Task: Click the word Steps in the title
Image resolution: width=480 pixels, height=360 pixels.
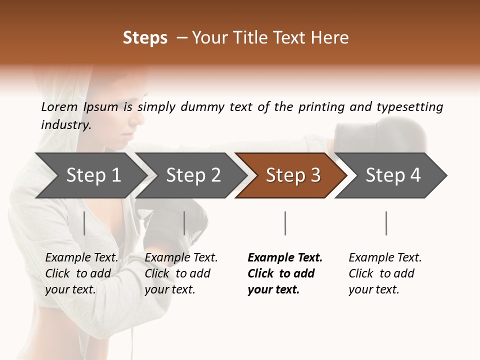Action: [145, 38]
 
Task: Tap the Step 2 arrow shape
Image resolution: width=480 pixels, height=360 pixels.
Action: [192, 175]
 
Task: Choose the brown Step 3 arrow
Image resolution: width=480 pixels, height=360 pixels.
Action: [292, 175]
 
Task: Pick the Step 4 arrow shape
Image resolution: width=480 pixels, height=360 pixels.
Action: [392, 175]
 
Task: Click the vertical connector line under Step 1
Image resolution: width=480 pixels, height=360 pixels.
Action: [84, 223]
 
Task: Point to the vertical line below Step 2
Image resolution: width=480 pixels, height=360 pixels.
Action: [184, 223]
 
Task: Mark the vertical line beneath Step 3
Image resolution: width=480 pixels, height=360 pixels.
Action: [285, 223]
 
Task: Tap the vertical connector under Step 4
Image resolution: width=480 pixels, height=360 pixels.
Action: [386, 223]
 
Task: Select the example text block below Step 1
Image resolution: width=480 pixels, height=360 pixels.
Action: [81, 273]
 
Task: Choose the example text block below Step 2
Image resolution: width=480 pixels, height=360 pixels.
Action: [181, 273]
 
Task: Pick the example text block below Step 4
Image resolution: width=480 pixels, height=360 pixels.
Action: [385, 273]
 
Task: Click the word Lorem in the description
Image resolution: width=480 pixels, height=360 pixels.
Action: [59, 106]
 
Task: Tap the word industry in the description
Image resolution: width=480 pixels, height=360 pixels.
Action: [66, 125]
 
